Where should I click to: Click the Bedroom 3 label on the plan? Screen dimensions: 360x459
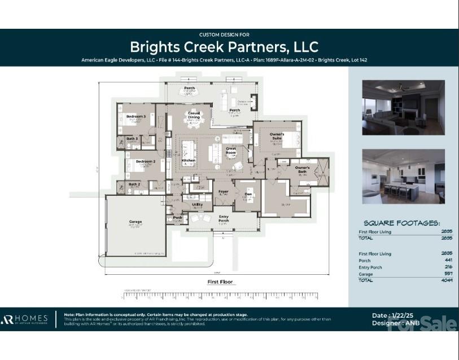coord(136,116)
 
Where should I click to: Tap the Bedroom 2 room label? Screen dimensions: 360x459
coord(145,161)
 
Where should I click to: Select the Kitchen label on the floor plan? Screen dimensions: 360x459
coord(189,160)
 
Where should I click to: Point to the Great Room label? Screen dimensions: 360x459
coord(231,151)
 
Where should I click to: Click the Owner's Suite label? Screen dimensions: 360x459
coord(277,135)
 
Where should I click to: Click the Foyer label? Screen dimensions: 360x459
coord(224,192)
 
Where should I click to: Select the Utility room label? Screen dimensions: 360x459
coord(198,204)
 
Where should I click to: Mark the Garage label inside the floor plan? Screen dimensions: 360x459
coord(135,222)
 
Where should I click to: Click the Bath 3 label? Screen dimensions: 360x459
coord(132,138)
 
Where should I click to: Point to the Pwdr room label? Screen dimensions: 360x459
coord(177,217)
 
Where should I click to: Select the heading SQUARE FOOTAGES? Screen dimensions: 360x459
coord(401,223)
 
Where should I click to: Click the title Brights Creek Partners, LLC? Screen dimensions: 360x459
coord(224,46)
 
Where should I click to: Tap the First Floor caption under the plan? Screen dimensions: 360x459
coord(220,282)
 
